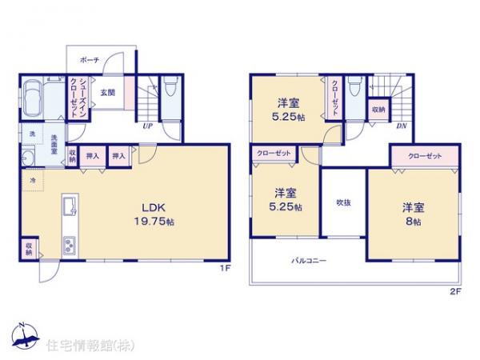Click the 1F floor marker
(x=226, y=268)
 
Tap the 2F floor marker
(x=454, y=292)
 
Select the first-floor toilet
(x=170, y=88)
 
